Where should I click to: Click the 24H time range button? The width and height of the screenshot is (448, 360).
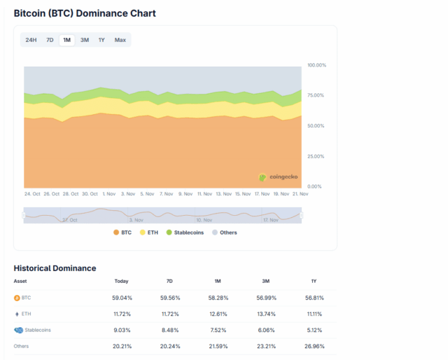coord(31,40)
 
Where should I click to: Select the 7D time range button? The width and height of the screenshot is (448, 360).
coord(50,40)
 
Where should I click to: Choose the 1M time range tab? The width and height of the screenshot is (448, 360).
coord(66,40)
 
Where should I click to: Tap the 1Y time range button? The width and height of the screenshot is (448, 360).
coord(101,40)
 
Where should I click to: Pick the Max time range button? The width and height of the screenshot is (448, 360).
coord(120,40)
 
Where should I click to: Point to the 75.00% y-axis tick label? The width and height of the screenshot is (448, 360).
coord(316,95)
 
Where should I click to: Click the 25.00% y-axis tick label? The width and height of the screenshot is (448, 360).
coord(316,156)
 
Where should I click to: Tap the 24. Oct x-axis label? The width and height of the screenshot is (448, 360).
coord(32,194)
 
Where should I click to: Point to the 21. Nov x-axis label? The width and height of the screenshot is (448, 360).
coord(300,194)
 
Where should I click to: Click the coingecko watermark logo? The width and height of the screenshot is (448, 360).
coord(277,178)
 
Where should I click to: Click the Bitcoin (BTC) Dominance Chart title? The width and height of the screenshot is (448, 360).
coord(85,13)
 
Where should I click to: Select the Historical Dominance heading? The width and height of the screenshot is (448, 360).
coord(55,268)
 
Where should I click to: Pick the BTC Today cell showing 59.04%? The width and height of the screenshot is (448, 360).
coord(122,298)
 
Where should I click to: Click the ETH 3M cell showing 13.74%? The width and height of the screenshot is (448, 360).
coord(265,314)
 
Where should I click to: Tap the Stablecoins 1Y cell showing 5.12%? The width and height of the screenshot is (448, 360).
coord(313,330)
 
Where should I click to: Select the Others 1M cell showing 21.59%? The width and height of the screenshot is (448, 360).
coord(218,346)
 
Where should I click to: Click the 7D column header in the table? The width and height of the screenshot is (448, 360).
coord(169,281)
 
